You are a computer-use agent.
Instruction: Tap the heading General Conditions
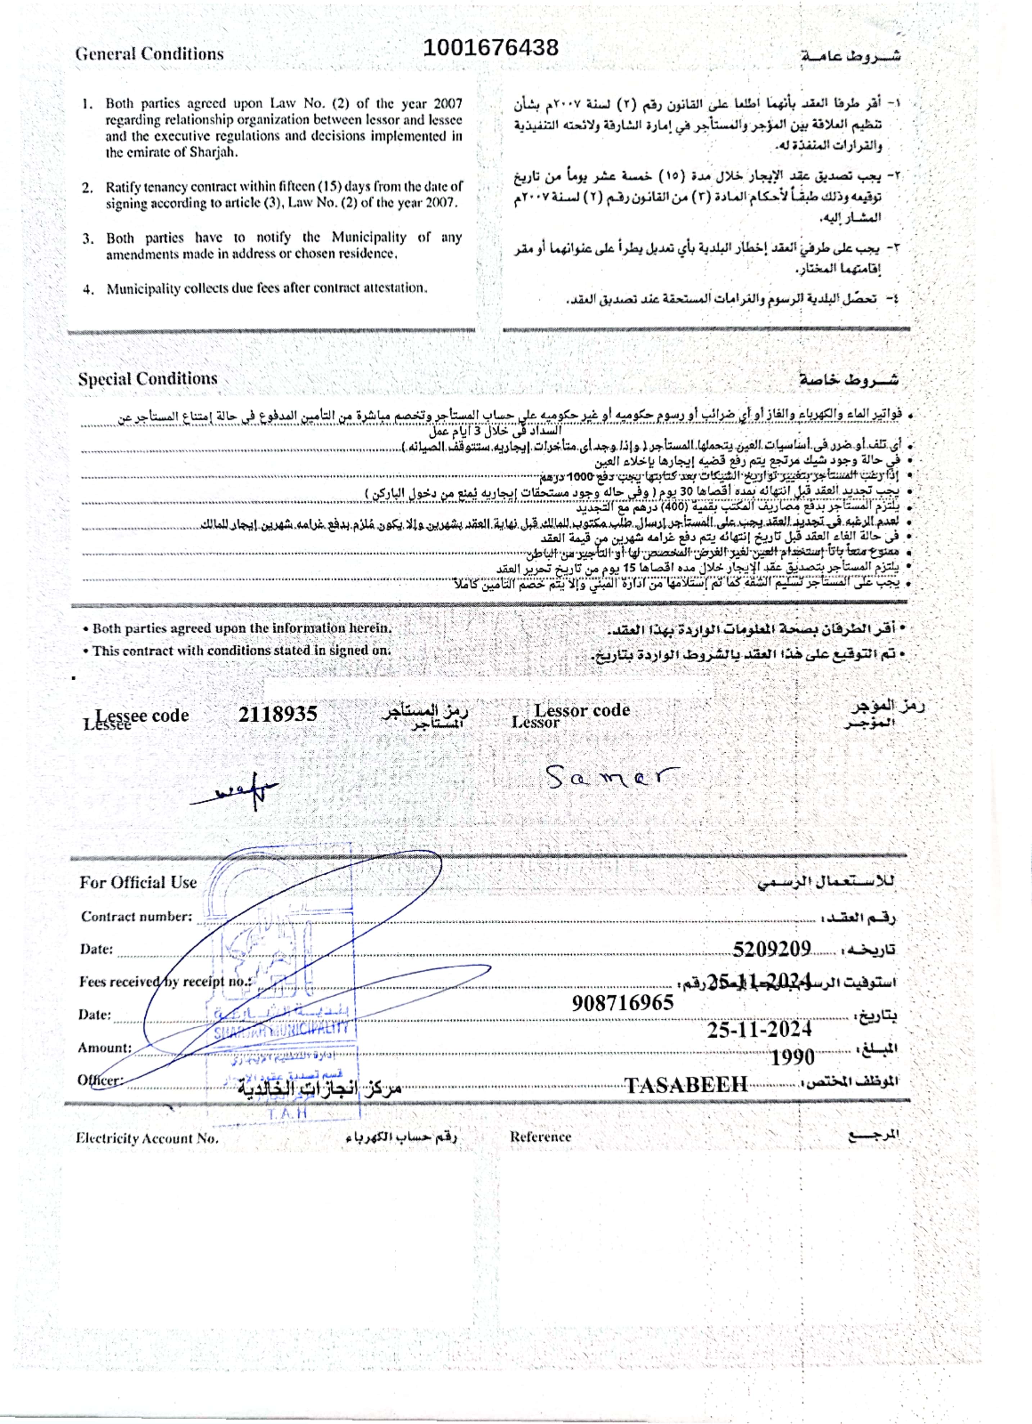pos(149,54)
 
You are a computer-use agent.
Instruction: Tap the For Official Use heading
pos(138,882)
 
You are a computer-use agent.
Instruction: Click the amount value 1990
pos(792,1057)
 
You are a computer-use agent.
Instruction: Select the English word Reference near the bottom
pos(540,1136)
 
